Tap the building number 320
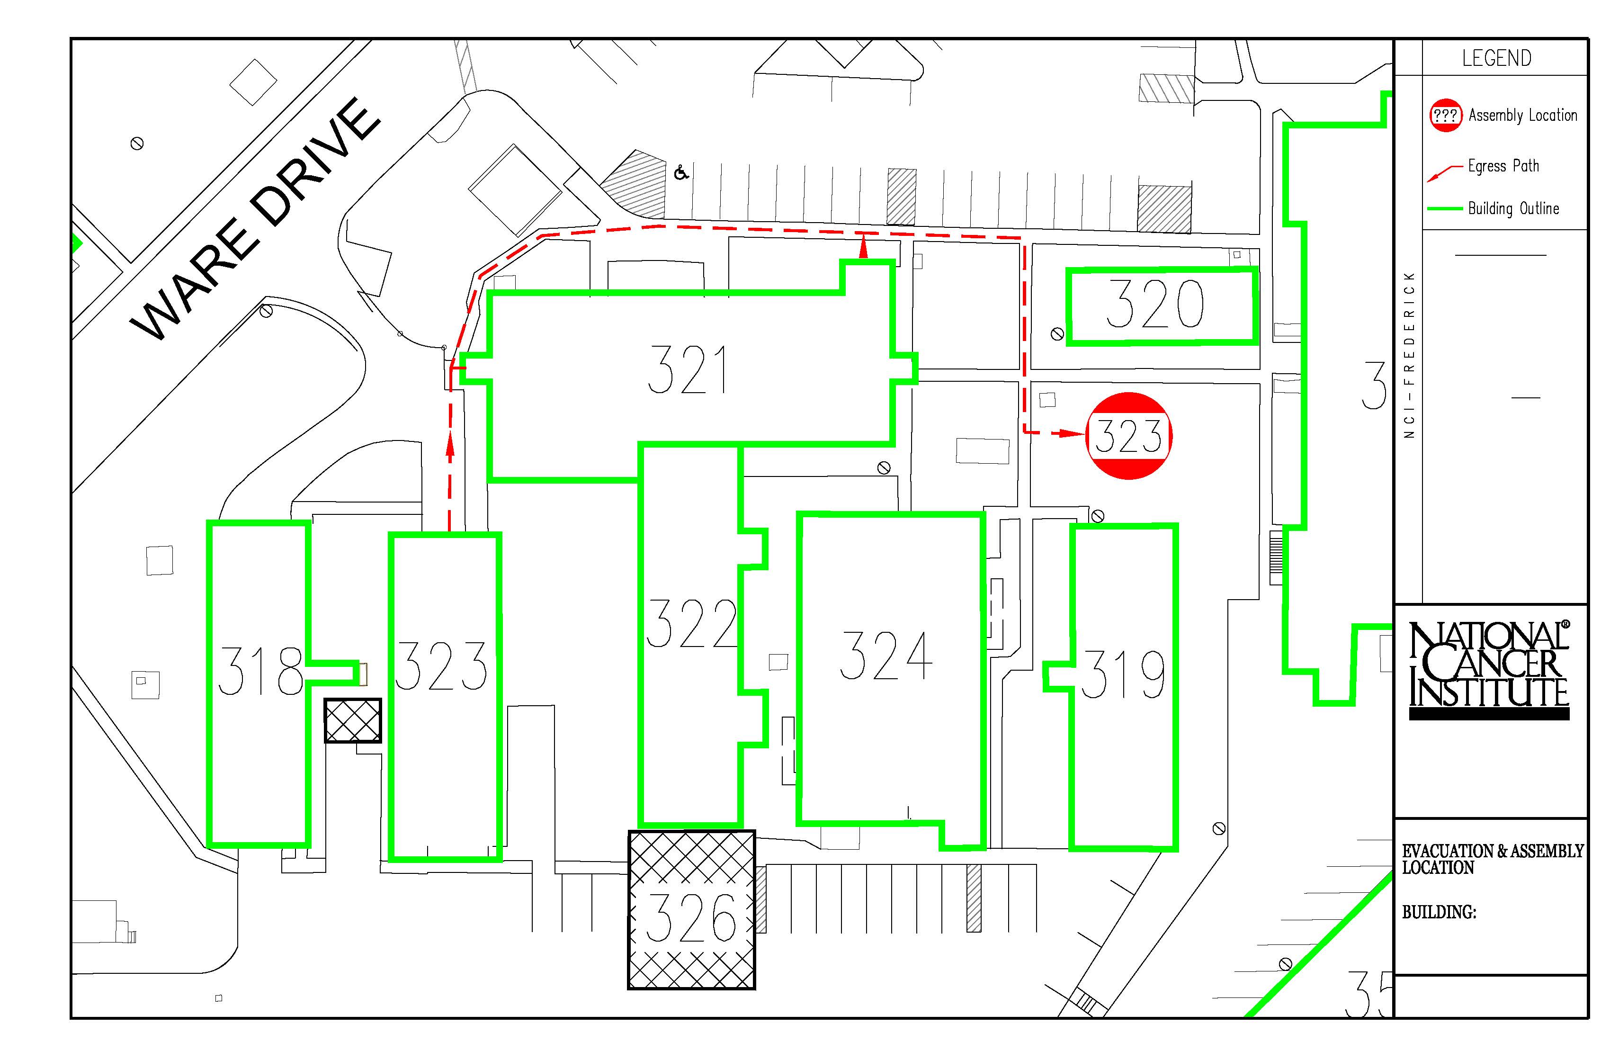1155,305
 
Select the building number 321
687,369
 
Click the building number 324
886,655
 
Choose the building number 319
1123,674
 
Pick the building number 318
260,671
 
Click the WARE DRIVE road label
255,220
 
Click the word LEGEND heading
1496,58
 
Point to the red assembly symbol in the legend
1446,115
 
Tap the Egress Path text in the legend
1503,166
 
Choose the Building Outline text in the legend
1513,208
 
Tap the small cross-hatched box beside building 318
352,720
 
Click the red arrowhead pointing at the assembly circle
1073,433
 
